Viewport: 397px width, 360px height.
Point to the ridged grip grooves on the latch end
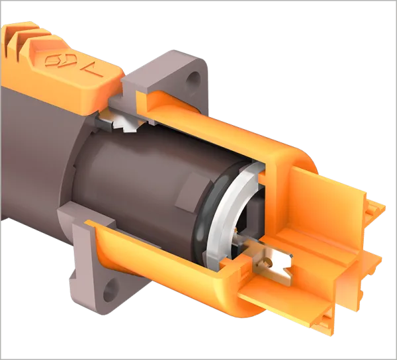tap(22, 39)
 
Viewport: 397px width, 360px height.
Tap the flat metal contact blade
tap(271, 265)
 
